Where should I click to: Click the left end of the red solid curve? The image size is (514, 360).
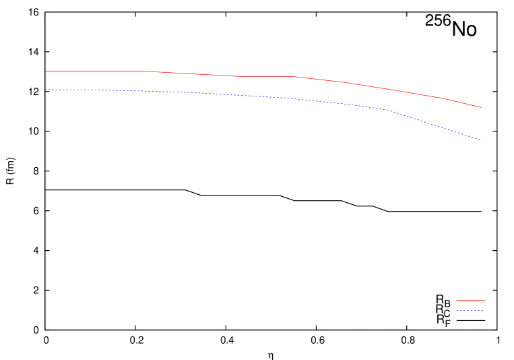coord(46,71)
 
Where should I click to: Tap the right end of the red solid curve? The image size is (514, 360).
coord(482,107)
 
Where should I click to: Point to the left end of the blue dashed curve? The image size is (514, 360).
coord(46,90)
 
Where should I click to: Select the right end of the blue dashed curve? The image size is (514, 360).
coord(480,140)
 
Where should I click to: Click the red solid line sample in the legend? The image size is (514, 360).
coord(471,301)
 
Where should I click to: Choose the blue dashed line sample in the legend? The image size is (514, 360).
coord(470,311)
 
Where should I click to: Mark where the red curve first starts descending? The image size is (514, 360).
coord(151,71)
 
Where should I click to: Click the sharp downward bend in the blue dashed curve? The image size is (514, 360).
coord(387,110)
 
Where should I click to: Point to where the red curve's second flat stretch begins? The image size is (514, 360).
coord(240,76)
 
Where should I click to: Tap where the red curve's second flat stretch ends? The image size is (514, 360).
coord(294,77)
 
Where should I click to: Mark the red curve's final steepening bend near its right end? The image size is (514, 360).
coord(441,98)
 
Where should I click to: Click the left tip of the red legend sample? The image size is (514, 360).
coord(457,301)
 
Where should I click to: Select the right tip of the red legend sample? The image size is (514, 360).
coord(485,301)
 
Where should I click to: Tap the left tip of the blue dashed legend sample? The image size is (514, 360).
coord(457,311)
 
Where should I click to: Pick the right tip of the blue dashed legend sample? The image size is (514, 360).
coord(484,311)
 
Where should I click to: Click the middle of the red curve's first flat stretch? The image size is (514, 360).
coord(98,71)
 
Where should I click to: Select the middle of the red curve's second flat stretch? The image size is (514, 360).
coord(267,76)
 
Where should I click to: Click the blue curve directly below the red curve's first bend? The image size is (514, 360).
coord(151,92)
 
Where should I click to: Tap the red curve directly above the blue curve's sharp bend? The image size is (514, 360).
coord(387,89)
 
